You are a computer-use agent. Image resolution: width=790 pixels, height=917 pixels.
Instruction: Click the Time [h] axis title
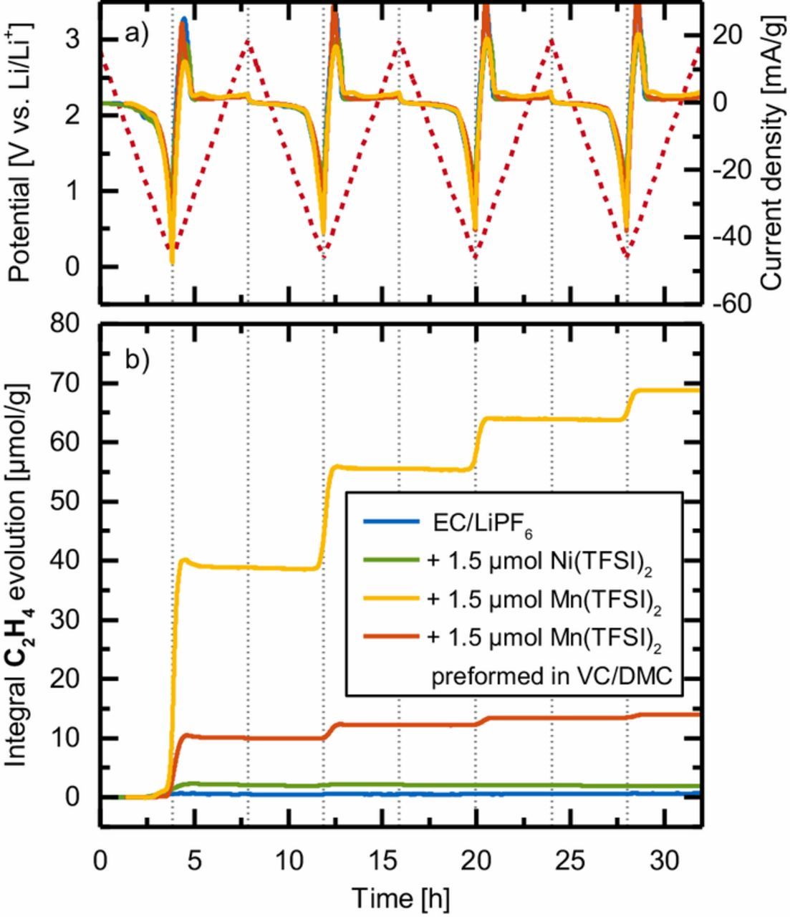click(x=401, y=896)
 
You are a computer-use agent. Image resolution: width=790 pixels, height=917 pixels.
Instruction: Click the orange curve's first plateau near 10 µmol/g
click(x=251, y=738)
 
